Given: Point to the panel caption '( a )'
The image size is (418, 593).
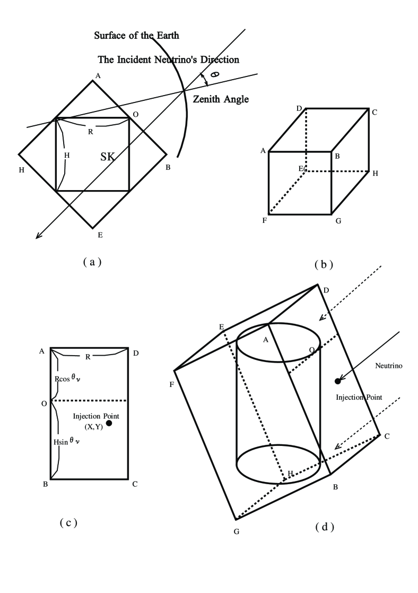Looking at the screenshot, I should [92, 261].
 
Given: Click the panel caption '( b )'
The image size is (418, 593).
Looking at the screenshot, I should [323, 263].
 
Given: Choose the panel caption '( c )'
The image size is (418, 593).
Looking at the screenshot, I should [68, 522].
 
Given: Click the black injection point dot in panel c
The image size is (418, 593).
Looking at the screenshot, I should [109, 423].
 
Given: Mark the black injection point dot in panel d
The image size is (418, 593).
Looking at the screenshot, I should [337, 381].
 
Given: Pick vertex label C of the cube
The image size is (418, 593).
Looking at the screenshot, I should [375, 113].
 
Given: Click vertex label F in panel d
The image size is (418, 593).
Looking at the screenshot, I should [172, 383].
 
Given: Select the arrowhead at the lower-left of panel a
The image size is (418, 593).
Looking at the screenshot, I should [38, 236].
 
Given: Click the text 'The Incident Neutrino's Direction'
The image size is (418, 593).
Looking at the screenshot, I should [169, 59].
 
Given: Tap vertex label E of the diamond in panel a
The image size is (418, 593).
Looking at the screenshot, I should [93, 233].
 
